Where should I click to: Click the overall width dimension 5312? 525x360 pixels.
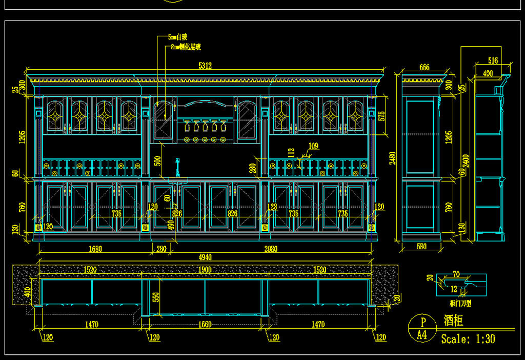tap(205, 66)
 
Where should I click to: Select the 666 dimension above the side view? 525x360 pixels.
tap(424, 67)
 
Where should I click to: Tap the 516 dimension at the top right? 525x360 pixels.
tap(493, 61)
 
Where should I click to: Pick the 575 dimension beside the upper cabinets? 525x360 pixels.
tap(381, 115)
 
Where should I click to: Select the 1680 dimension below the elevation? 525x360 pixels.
tap(95, 249)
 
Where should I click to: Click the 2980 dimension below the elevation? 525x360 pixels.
tap(271, 249)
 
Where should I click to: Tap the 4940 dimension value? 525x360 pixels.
tap(205, 257)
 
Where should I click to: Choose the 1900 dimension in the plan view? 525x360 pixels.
tap(205, 270)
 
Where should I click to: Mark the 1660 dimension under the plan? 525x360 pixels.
tap(205, 324)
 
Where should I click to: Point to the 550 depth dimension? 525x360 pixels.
tap(156, 297)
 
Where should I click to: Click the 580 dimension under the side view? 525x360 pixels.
tap(421, 247)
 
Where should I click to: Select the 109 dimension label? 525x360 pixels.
tap(313, 146)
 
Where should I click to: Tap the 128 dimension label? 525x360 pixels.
tap(272, 207)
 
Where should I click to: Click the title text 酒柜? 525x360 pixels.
tap(454, 322)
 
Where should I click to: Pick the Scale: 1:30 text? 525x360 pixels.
tap(468, 339)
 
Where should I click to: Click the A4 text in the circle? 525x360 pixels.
tap(422, 335)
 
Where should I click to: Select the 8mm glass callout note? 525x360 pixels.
tap(186, 47)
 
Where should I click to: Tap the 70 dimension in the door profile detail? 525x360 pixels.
tap(456, 274)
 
